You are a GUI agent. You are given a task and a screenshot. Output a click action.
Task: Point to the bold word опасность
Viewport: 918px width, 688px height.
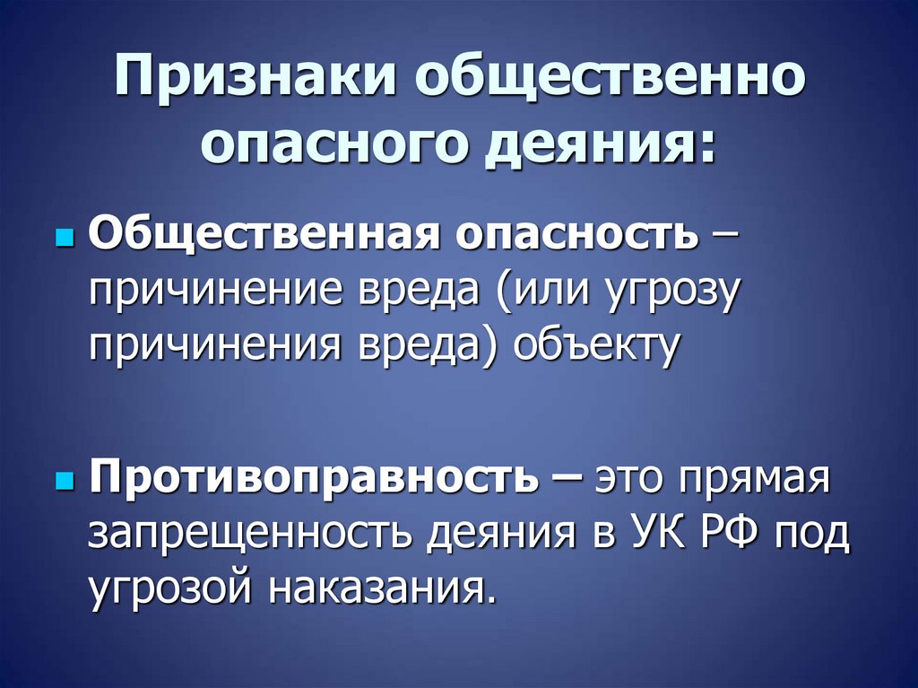pyautogui.click(x=578, y=238)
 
